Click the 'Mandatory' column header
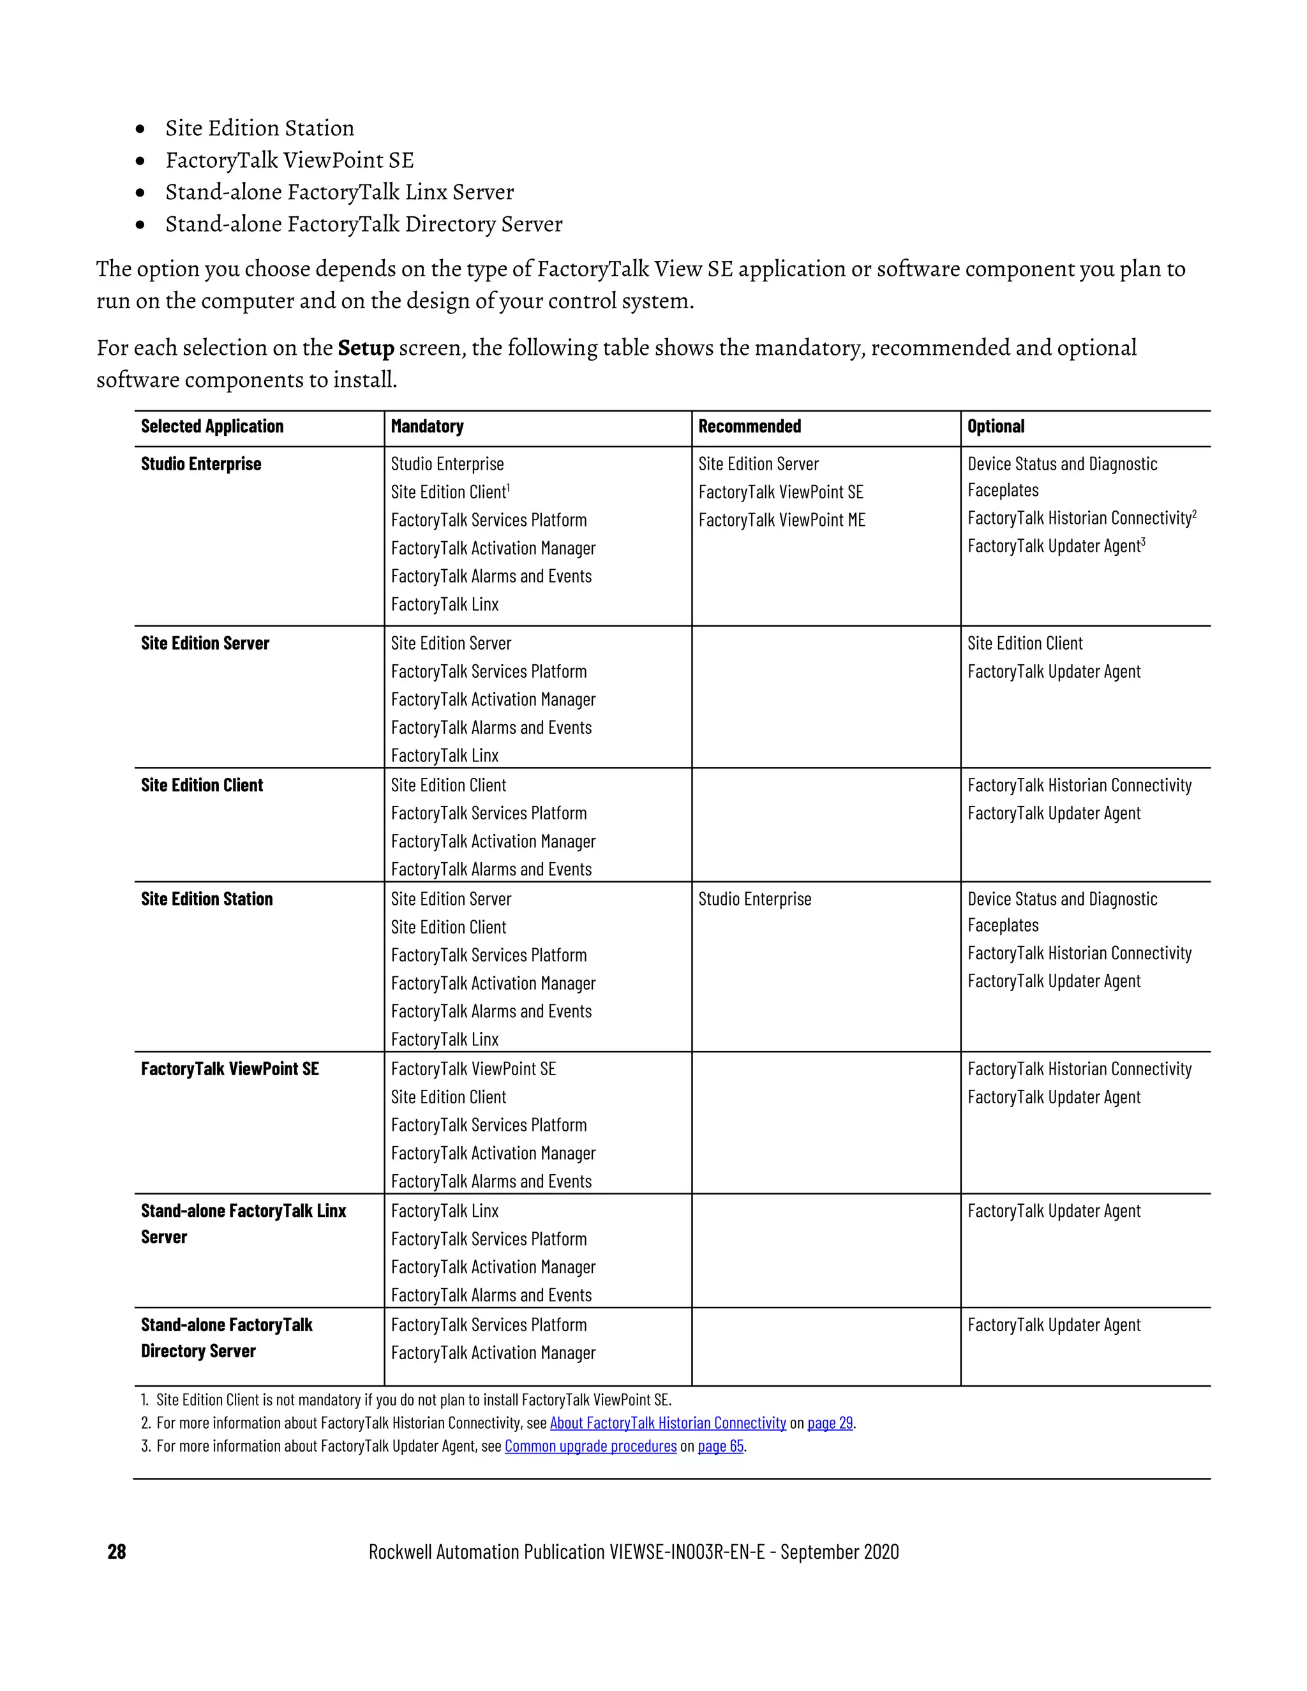click(427, 427)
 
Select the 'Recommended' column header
click(749, 427)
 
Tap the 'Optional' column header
click(995, 427)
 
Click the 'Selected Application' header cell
click(212, 427)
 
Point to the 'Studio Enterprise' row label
click(200, 464)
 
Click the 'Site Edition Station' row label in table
click(207, 899)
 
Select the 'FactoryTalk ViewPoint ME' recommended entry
click(781, 520)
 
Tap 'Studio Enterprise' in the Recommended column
click(754, 899)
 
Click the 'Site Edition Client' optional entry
click(1024, 643)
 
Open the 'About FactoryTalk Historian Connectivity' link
click(668, 1422)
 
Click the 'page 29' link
click(829, 1422)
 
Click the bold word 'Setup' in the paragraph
click(366, 348)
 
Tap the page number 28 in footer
click(117, 1552)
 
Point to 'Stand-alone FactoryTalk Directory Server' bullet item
click(363, 224)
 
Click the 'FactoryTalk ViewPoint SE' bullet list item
click(290, 160)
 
